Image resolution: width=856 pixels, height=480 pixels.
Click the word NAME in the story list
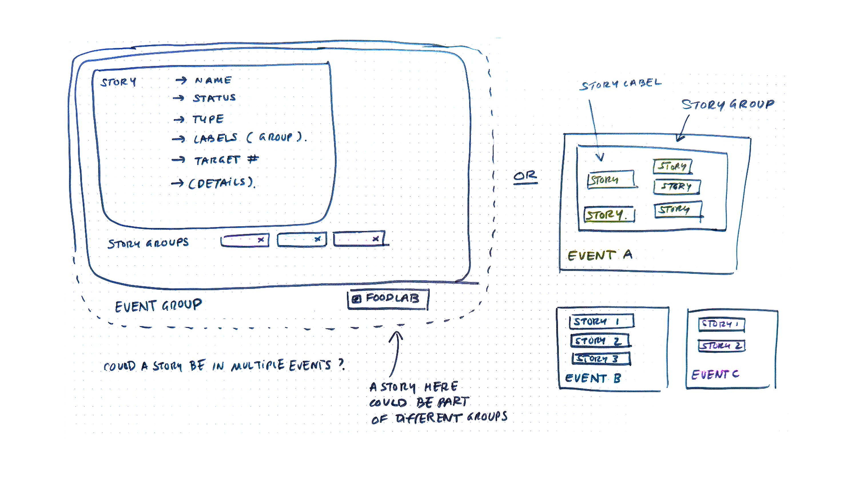coord(213,80)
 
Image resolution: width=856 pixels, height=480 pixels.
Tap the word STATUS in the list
coord(214,98)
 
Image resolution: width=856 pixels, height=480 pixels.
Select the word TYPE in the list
coord(208,119)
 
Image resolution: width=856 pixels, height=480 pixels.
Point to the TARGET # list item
coord(226,160)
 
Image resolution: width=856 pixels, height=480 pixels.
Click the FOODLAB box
coord(388,299)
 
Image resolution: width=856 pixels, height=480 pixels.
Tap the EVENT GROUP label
coord(158,306)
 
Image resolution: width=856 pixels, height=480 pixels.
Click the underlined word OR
coord(525,176)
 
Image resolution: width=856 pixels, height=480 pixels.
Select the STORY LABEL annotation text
coord(620,84)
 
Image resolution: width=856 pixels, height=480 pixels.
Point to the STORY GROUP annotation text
coord(728,105)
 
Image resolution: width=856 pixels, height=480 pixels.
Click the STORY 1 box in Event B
coord(602,321)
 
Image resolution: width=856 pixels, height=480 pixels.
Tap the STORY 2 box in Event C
coord(721,346)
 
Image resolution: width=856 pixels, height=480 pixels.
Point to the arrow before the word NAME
coord(181,80)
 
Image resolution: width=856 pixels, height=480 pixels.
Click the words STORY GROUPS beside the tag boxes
coord(148,243)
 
